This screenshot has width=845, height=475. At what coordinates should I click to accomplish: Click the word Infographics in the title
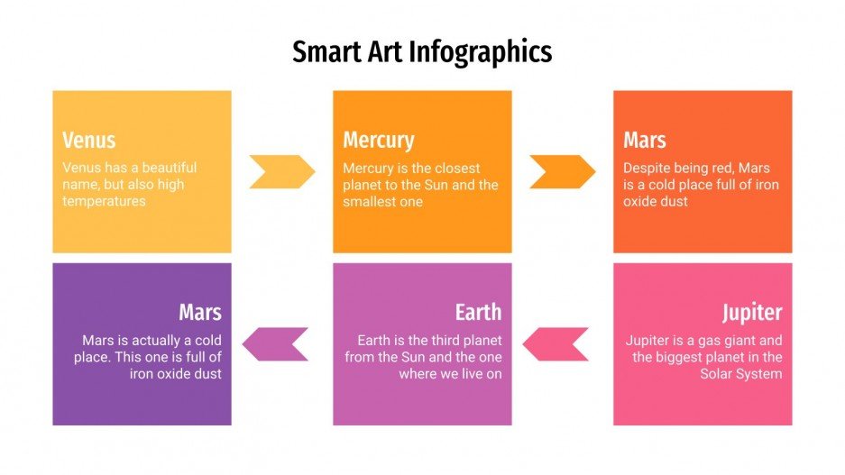(481, 51)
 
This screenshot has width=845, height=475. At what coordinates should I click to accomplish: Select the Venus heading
(88, 141)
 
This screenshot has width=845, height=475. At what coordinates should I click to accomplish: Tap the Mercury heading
(378, 141)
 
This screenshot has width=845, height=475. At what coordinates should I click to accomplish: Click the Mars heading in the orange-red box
(644, 141)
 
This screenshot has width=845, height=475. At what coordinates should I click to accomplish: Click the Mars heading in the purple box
(199, 313)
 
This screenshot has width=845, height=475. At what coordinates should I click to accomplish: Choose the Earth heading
(478, 313)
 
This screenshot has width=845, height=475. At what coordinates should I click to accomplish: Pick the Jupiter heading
(751, 313)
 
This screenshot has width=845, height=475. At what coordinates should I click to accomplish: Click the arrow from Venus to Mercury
(282, 171)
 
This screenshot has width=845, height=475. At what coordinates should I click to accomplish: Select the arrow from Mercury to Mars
(562, 171)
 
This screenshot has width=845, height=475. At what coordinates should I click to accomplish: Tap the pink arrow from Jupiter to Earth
(556, 343)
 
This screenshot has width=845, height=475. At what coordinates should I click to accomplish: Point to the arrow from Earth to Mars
(275, 343)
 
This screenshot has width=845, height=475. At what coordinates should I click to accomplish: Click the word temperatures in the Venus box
(104, 201)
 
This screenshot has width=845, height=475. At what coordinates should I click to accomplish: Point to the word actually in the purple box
(155, 341)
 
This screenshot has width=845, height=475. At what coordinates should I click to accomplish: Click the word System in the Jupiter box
(760, 374)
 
